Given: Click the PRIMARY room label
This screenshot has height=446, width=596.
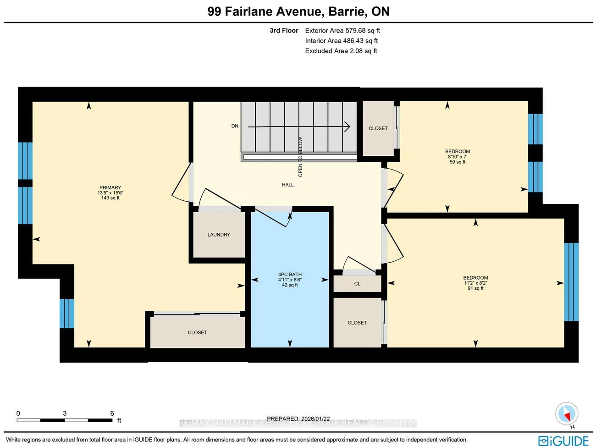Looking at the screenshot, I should tap(110, 188).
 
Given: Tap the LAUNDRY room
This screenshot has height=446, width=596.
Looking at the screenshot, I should tap(219, 235).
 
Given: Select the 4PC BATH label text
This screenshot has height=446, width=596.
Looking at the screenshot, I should tap(290, 275).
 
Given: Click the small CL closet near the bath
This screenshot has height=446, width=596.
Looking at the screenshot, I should tap(357, 284).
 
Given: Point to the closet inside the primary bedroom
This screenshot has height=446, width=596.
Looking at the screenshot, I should tap(197, 332).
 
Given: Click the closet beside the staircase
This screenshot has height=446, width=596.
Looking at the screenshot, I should tap(378, 128).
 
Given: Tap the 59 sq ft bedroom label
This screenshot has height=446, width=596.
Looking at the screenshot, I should tap(457, 156).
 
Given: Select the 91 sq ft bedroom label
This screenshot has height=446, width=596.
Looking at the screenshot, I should tap(475, 283).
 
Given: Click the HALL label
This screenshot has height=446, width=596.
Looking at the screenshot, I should tap(288, 185).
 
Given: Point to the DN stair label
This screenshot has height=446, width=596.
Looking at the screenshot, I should tap(235, 126).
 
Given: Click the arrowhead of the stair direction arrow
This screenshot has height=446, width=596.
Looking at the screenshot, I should tap(348, 127).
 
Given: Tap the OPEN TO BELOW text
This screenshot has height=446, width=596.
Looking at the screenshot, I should tap(300, 157).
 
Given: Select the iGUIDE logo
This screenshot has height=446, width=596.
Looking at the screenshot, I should tap(563, 440).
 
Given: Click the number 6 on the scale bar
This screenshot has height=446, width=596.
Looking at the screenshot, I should tap(112, 413).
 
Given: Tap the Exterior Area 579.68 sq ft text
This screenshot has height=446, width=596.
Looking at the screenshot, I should tap(342, 31).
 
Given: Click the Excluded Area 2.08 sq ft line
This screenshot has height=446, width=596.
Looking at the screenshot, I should tap(341, 51).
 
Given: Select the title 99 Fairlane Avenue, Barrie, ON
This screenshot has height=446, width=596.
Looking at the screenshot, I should tap(298, 11).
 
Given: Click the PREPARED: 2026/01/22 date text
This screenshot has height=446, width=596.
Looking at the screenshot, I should tap(298, 418).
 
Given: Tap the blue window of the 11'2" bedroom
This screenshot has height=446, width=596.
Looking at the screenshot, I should tap(571, 282).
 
